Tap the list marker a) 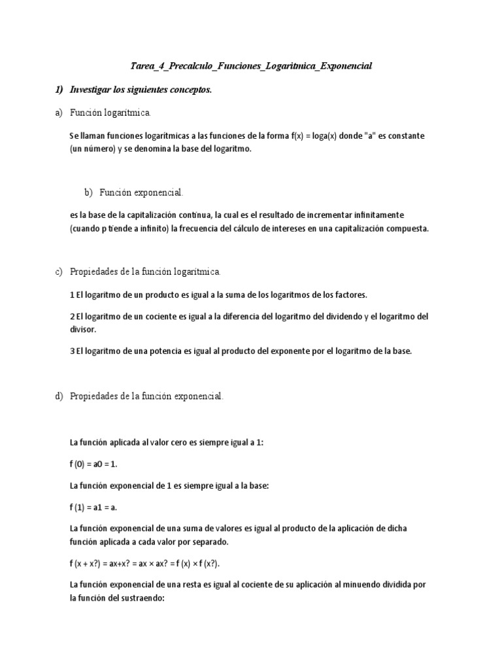coord(58,113)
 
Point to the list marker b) coord(88,192)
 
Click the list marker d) coord(58,397)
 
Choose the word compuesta coord(404,228)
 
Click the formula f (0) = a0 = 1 coord(96,464)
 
